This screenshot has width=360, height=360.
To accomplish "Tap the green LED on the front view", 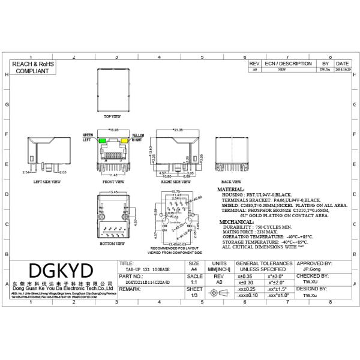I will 103,142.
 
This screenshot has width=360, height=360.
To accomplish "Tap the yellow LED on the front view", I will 125,142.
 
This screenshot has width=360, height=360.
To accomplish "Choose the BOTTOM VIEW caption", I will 112,244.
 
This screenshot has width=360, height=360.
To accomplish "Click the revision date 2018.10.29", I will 342,70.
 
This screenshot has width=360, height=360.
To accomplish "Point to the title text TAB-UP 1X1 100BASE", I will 144,269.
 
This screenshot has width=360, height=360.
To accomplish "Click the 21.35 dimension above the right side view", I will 178,130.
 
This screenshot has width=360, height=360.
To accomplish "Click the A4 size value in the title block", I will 194,269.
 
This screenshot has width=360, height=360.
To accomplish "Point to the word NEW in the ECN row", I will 281,70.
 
